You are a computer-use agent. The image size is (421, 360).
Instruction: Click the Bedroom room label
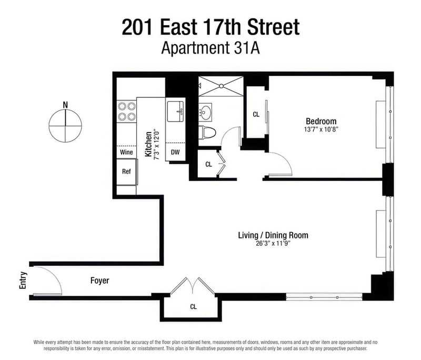pyautogui.click(x=321, y=121)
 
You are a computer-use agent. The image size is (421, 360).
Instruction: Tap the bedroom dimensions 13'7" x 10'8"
pyautogui.click(x=321, y=129)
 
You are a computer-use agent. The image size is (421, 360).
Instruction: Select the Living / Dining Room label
pyautogui.click(x=273, y=235)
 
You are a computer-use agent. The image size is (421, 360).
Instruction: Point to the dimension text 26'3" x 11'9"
pyautogui.click(x=273, y=244)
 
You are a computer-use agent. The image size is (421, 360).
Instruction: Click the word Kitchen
pyautogui.click(x=148, y=144)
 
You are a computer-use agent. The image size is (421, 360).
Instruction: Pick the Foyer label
pyautogui.click(x=99, y=281)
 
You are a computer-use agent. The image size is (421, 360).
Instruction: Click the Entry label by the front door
pyautogui.click(x=23, y=281)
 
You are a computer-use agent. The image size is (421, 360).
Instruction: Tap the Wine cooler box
pyautogui.click(x=126, y=152)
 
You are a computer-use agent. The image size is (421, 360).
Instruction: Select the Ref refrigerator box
pyautogui.click(x=126, y=172)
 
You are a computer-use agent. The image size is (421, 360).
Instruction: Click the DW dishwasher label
pyautogui.click(x=175, y=152)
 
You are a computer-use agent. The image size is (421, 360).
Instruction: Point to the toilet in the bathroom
pyautogui.click(x=207, y=133)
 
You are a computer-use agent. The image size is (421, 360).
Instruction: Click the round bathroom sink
pyautogui.click(x=206, y=111)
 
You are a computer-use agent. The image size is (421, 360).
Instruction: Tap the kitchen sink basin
pyautogui.click(x=175, y=112)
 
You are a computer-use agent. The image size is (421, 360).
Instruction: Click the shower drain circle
pyautogui.click(x=221, y=86)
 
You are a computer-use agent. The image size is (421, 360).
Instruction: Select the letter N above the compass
pyautogui.click(x=65, y=105)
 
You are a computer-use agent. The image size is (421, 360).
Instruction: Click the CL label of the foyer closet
pyautogui.click(x=193, y=306)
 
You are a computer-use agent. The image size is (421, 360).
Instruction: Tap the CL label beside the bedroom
pyautogui.click(x=256, y=114)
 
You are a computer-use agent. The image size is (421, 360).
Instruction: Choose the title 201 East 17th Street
pyautogui.click(x=210, y=27)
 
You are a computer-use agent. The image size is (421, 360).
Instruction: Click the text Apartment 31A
pyautogui.click(x=210, y=48)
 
